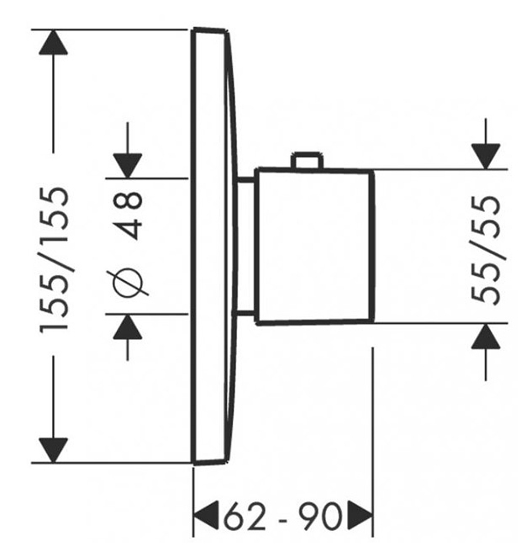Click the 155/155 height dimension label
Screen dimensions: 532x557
53,260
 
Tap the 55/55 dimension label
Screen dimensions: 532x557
486,249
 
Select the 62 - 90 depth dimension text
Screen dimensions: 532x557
283,516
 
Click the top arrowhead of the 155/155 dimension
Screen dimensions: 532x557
53,42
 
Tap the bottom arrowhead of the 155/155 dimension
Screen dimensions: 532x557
53,450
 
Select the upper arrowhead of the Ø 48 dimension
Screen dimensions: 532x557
128,166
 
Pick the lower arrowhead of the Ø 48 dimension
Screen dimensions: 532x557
128,326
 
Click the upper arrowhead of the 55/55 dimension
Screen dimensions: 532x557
486,156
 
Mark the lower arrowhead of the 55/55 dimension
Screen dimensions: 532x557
486,336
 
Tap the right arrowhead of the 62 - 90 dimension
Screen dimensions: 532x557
360,516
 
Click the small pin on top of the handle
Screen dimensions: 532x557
307,160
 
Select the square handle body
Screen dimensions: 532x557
314,247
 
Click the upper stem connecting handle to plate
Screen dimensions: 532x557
245,180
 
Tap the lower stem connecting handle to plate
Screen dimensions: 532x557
244,313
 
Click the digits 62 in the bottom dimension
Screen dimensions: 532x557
245,516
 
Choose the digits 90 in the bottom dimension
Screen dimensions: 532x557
320,516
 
